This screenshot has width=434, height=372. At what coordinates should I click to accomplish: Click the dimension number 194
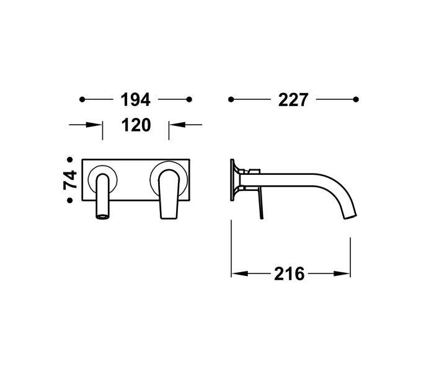(135, 99)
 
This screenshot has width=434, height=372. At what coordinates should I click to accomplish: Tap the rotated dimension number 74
(70, 180)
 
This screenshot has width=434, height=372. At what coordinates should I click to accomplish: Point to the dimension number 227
(293, 99)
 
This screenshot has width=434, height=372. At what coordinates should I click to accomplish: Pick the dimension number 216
(290, 273)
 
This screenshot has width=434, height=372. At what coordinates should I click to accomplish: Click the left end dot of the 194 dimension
(81, 99)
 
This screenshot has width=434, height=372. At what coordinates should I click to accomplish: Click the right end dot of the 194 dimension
(190, 99)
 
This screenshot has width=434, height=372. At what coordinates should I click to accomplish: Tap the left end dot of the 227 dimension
(231, 99)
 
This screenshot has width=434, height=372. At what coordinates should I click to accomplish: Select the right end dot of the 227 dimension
(356, 99)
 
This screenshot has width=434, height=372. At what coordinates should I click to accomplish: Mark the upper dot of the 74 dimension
(70, 159)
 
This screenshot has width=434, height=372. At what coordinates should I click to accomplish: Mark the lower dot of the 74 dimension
(70, 200)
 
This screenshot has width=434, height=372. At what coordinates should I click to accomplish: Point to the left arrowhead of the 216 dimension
(236, 273)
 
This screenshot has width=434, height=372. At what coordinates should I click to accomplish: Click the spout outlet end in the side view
(348, 215)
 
